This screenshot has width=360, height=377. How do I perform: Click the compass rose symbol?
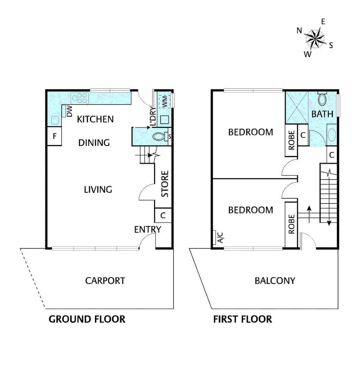(x=315, y=37)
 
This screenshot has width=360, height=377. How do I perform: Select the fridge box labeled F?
(x=54, y=136)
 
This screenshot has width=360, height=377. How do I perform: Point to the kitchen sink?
(x=54, y=120)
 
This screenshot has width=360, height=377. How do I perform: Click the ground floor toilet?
(x=160, y=136)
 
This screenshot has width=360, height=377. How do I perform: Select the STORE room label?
(x=165, y=184)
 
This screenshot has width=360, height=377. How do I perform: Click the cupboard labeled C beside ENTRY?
(x=163, y=215)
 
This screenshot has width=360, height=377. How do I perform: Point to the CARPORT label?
(x=105, y=281)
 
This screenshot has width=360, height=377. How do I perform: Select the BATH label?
(x=322, y=114)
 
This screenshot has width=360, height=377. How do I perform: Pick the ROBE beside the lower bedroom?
(x=292, y=224)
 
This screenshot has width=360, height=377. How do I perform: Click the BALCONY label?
(x=275, y=281)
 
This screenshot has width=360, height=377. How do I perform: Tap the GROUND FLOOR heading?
(x=87, y=319)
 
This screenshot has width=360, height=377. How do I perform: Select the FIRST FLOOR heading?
(x=242, y=319)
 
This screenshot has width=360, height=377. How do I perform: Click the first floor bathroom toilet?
(x=322, y=100)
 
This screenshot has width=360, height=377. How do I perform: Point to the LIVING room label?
(x=98, y=190)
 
